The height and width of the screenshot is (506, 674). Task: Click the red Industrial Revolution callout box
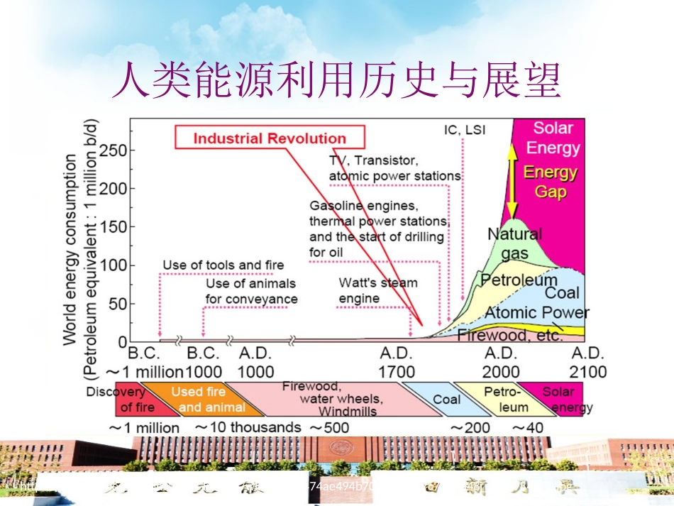[270, 138]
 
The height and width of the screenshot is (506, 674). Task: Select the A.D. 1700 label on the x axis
[397, 362]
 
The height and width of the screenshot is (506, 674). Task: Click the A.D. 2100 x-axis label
[588, 362]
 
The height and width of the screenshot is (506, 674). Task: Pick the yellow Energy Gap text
[550, 182]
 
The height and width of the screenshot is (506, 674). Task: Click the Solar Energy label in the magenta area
[553, 138]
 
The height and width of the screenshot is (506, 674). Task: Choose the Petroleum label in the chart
[519, 280]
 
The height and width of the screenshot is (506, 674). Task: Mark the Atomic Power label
[536, 312]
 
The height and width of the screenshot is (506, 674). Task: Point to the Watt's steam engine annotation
[378, 290]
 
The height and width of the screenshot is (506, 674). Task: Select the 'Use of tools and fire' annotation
[223, 265]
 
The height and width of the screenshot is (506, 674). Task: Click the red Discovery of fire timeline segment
[121, 399]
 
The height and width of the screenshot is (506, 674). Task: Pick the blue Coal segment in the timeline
[445, 400]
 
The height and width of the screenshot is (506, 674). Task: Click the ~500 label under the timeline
[329, 427]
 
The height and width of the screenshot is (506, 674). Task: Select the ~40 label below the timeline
[528, 427]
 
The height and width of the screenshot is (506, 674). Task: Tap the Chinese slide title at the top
[336, 79]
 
